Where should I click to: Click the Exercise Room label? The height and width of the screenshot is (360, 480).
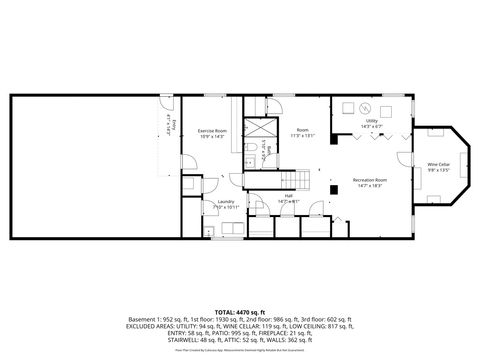click(212, 131)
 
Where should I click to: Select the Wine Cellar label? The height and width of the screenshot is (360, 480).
click(438, 164)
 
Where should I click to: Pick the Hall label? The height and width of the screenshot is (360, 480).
click(289, 196)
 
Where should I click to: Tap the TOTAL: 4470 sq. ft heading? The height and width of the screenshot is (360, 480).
click(240, 311)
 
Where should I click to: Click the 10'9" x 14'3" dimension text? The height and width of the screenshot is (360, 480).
click(212, 137)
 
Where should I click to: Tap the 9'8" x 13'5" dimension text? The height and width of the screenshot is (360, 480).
click(438, 170)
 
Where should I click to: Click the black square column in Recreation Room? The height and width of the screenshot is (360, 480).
click(333, 187)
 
